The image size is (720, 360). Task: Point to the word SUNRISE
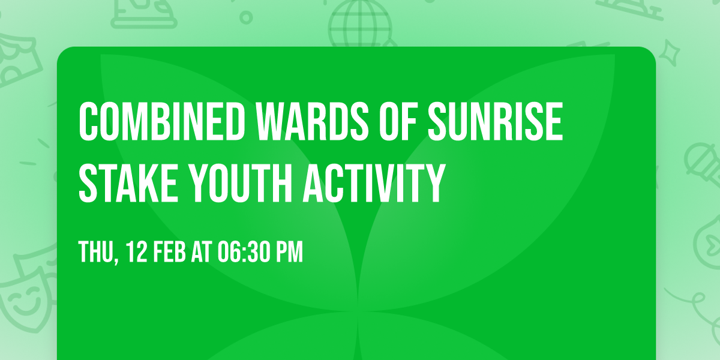click(495, 122)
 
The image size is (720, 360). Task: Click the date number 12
click(136, 253)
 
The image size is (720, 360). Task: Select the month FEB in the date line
click(172, 253)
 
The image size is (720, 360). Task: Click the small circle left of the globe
click(247, 18)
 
